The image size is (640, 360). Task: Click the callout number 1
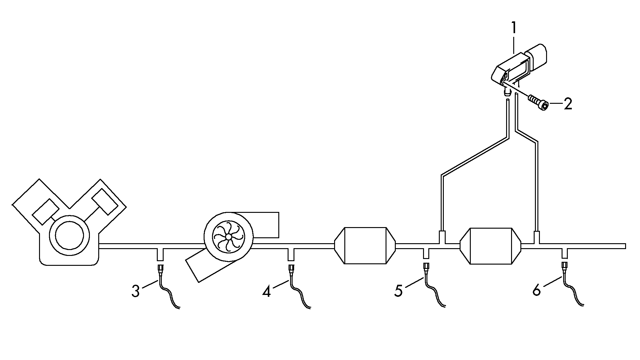[x=514, y=28]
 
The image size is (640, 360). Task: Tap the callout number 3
[x=135, y=291]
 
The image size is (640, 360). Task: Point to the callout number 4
[x=266, y=291]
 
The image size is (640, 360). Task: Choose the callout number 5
[x=399, y=291]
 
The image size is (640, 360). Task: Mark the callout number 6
[x=536, y=291]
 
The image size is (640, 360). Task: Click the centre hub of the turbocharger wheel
[x=228, y=237]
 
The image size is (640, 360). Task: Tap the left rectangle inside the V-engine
[x=46, y=212]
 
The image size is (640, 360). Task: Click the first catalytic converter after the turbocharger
[x=365, y=246]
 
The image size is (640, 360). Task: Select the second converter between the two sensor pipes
[x=491, y=246]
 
